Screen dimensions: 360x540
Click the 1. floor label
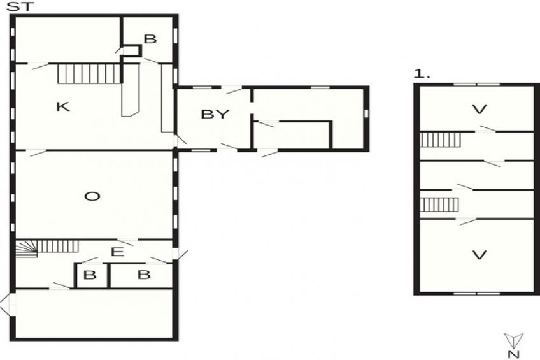[422, 75]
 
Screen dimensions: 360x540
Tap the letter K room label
[62, 107]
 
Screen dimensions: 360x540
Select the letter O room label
[92, 197]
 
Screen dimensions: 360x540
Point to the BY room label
[215, 115]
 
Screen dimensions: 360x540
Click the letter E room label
[117, 252]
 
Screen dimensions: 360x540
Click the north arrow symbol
[513, 340]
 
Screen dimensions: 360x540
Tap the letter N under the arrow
[513, 354]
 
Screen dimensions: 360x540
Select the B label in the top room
[150, 40]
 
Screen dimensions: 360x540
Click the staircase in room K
[89, 73]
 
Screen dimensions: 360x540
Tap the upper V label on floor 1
[479, 110]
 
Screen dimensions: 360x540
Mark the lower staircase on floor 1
[439, 205]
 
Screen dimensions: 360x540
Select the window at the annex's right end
[367, 113]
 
